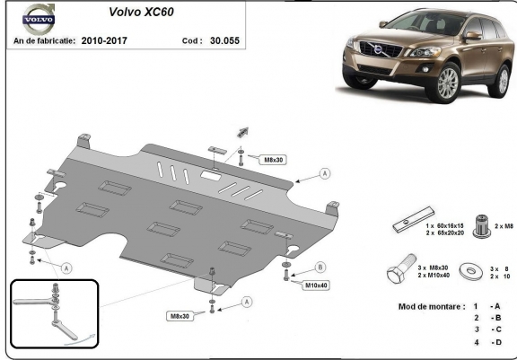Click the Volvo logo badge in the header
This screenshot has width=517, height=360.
pos(39,19)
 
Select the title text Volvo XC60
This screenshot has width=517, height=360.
pos(141,12)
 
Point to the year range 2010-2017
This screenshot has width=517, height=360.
pos(104,40)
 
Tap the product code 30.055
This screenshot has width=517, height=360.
pos(225,40)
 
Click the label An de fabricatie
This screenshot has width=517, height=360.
pos(45,40)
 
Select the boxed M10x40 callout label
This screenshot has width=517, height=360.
pos(316,285)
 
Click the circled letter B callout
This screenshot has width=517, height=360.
pos(320,268)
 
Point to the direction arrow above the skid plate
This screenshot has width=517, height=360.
pos(242,132)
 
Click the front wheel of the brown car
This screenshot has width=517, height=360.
pos(447,83)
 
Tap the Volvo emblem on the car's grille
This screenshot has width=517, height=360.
pos(379,49)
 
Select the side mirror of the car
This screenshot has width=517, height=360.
pos(472,35)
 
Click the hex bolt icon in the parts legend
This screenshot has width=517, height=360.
pos(401,268)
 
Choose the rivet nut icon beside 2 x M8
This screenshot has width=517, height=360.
pos(481,226)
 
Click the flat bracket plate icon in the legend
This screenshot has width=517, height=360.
pos(414,220)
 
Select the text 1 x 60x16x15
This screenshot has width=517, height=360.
pos(444,226)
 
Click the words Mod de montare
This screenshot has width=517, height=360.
pos(430,307)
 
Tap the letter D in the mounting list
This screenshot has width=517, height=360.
pos(498,342)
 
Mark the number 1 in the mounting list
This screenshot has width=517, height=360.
pos(476,307)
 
